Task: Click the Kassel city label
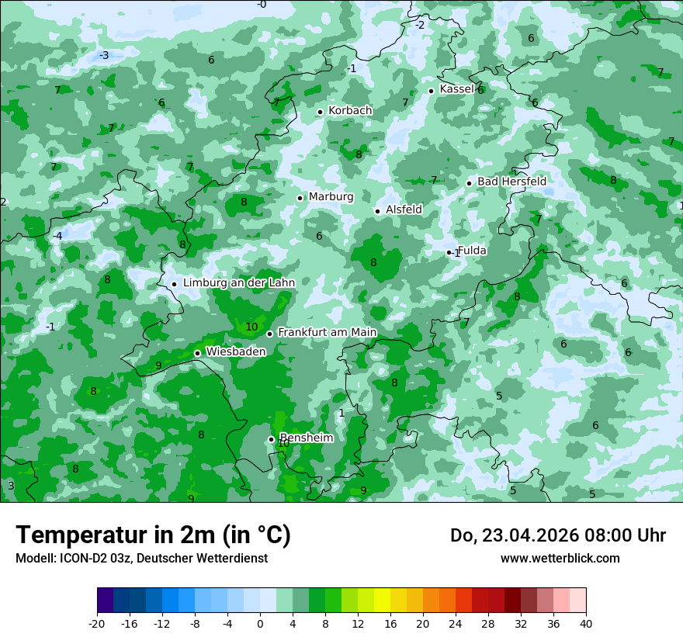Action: point(456,89)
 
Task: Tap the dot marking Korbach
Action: point(320,112)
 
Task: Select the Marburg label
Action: point(331,197)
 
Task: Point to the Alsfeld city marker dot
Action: point(377,211)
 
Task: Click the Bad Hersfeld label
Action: point(511,182)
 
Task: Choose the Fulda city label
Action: point(472,251)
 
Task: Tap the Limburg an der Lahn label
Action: point(239,283)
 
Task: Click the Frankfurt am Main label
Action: point(327,333)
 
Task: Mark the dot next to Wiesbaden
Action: point(197,353)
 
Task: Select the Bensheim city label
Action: point(307,438)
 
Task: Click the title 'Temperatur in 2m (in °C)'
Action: point(153,535)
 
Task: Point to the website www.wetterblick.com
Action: point(560,558)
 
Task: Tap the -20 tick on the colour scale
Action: point(97,623)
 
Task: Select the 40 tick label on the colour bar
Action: point(585,623)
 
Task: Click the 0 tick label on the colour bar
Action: point(260,623)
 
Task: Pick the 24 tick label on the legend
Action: point(455,623)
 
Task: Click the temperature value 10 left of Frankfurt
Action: point(251,327)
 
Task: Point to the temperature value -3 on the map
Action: point(103,55)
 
